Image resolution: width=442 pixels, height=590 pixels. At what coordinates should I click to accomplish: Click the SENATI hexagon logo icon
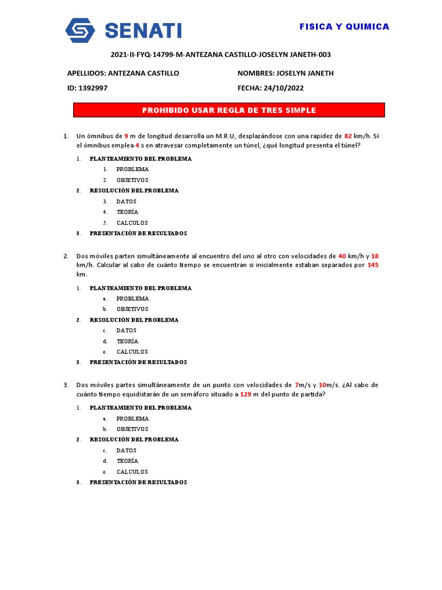point(80,30)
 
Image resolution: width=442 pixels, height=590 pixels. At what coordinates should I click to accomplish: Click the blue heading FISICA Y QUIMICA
point(344,27)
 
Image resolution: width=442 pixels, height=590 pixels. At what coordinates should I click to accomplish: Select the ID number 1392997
point(93,88)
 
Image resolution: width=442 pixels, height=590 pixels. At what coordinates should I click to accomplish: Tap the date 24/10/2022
point(283,88)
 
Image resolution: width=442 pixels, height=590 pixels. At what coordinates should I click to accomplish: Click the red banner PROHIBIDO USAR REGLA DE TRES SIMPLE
point(229,110)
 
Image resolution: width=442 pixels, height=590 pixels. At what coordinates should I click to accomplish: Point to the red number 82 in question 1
point(348,136)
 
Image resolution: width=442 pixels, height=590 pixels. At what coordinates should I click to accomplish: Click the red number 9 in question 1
point(126,136)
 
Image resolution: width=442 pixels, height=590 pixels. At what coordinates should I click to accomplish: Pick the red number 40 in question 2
point(342,256)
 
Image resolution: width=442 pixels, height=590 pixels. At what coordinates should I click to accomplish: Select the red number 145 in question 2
point(372,265)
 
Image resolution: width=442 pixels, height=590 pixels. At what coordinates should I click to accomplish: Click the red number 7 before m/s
point(296,385)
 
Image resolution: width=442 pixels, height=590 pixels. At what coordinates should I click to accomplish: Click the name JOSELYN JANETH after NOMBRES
point(305,73)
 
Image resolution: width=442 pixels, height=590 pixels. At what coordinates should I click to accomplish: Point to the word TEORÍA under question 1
point(127,212)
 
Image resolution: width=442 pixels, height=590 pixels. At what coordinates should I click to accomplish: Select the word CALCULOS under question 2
point(132,351)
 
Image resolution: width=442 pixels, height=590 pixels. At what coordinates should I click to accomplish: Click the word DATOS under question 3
point(126,451)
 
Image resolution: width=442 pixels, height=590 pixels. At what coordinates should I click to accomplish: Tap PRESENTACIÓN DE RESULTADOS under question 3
point(138,482)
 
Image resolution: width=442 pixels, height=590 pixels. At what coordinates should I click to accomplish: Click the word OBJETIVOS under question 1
point(132,180)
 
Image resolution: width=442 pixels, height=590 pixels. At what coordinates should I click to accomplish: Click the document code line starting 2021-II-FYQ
point(220,55)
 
